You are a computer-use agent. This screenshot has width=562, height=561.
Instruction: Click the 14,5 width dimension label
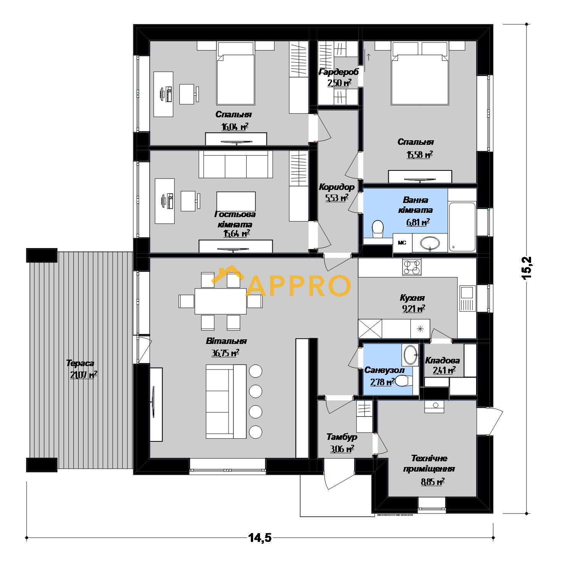click(260, 537)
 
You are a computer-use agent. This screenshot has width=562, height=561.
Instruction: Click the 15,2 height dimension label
click(527, 268)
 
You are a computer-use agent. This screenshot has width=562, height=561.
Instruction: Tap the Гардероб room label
click(338, 72)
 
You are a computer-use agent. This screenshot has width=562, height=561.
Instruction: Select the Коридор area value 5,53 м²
click(337, 198)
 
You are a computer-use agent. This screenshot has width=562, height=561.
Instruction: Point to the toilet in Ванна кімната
click(378, 229)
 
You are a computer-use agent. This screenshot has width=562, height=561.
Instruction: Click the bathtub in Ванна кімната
click(462, 227)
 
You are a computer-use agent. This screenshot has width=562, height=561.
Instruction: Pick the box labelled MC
click(402, 243)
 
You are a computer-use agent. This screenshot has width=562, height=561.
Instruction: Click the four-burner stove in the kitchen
click(412, 267)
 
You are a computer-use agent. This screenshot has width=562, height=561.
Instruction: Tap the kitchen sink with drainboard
click(468, 298)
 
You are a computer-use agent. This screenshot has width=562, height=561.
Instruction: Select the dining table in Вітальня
click(220, 301)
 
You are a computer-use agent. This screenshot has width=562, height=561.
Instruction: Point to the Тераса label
click(80, 363)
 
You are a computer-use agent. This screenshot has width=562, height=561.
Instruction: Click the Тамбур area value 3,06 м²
click(342, 449)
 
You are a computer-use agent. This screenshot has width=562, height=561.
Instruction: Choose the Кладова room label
click(442, 360)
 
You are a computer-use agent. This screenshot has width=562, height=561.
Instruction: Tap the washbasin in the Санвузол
click(410, 355)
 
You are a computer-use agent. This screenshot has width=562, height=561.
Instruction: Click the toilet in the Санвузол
click(404, 381)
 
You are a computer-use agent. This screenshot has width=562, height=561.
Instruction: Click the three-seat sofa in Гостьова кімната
click(236, 164)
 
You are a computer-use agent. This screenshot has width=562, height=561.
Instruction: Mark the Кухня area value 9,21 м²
click(413, 308)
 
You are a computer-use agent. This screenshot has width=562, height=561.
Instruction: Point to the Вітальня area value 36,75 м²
click(225, 353)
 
